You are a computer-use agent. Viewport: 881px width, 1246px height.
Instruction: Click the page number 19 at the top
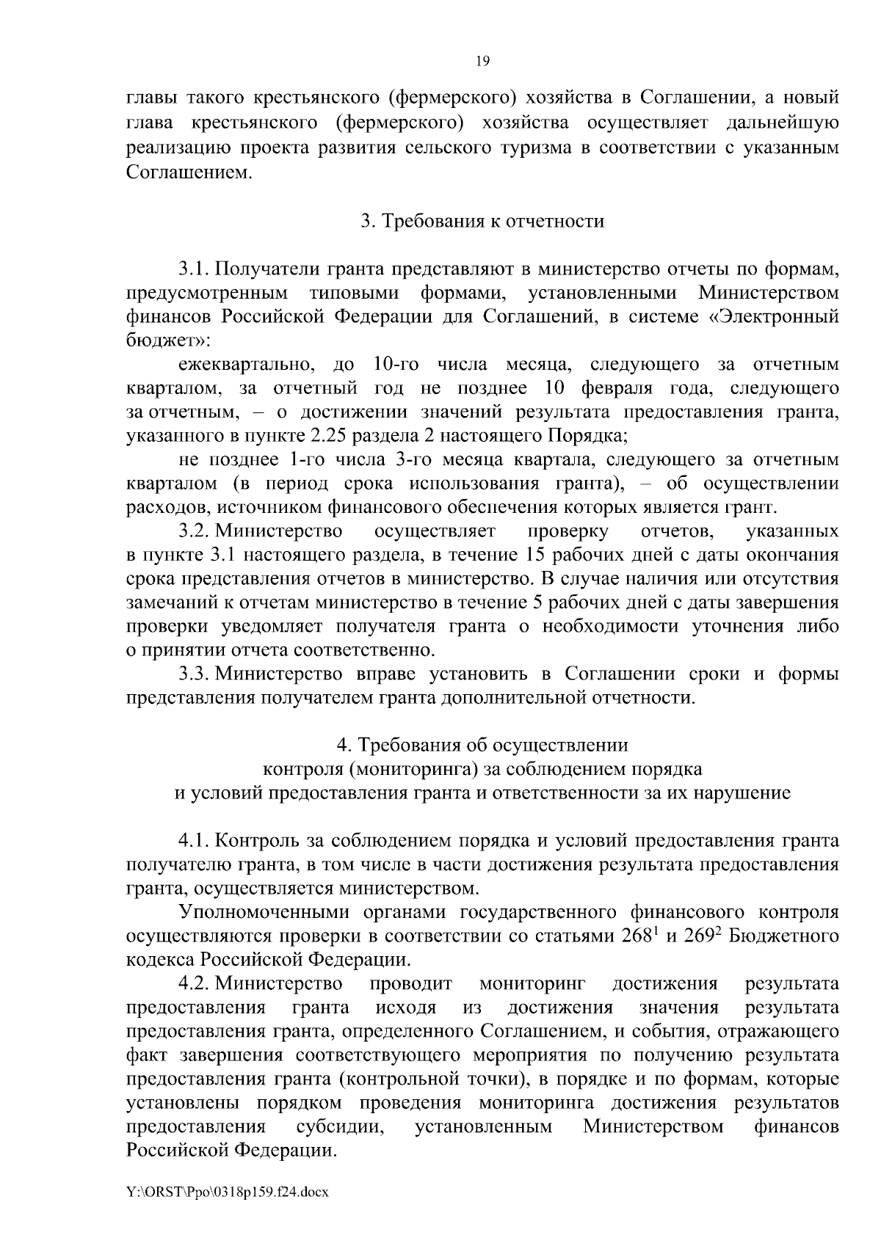[482, 62]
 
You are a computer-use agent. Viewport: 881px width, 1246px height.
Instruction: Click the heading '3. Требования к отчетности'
[482, 221]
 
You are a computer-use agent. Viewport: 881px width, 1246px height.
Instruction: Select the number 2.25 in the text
[329, 436]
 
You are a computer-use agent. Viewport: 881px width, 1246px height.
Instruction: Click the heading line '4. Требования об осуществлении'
[482, 745]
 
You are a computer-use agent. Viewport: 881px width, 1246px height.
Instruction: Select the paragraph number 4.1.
[194, 840]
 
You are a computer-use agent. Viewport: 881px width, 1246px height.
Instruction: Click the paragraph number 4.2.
[194, 983]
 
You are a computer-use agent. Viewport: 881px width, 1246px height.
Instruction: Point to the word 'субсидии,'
[341, 1126]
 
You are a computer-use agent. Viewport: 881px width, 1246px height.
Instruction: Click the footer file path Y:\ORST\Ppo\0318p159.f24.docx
[227, 1192]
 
